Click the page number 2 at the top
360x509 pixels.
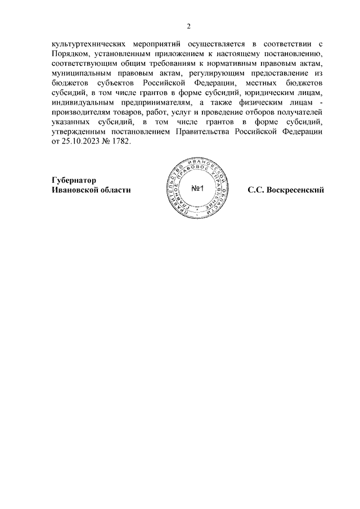pos(189,26)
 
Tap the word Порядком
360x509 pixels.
pos(69,53)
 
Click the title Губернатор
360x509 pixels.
pos(74,180)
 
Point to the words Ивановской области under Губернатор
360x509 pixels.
pos(91,190)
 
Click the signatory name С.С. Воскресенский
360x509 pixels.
pos(286,190)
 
